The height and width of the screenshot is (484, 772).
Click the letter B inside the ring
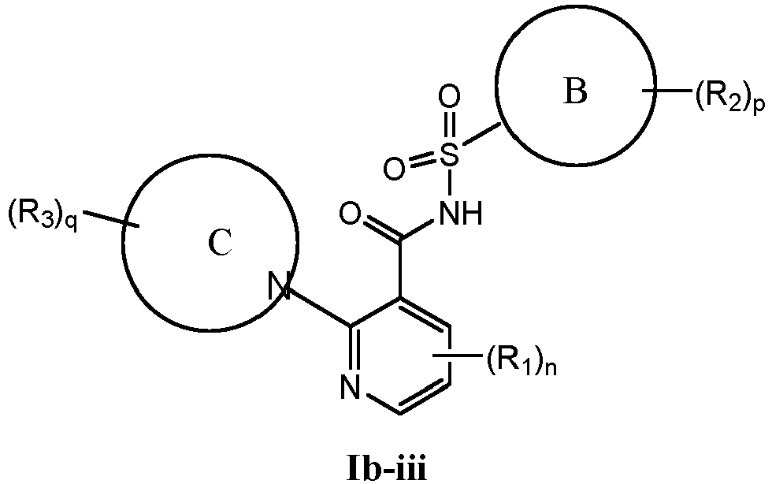pyautogui.click(x=576, y=93)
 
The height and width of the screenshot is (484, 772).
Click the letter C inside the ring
pyautogui.click(x=219, y=245)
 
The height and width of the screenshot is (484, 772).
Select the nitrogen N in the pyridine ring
pyautogui.click(x=350, y=386)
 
